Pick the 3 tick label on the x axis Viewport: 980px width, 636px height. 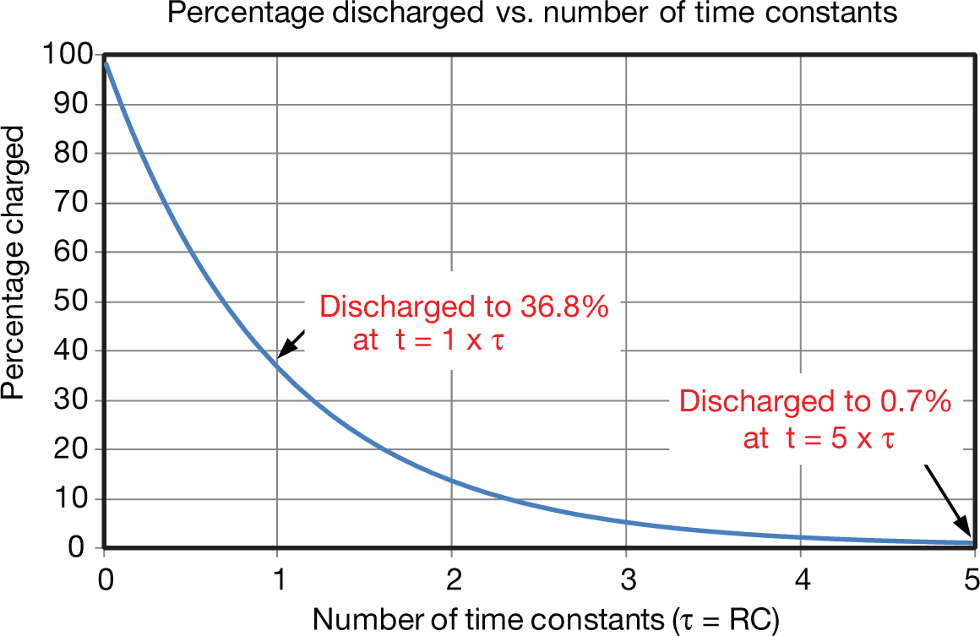point(625,581)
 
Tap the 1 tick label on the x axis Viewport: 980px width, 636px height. point(277,581)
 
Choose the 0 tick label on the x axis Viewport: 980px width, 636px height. point(104,581)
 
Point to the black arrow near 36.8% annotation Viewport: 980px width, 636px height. point(291,344)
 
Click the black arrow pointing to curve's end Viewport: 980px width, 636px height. point(950,503)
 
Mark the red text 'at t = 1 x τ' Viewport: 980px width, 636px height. point(427,344)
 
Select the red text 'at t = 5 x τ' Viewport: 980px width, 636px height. point(818,439)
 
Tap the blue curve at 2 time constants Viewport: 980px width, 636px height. point(451,481)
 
